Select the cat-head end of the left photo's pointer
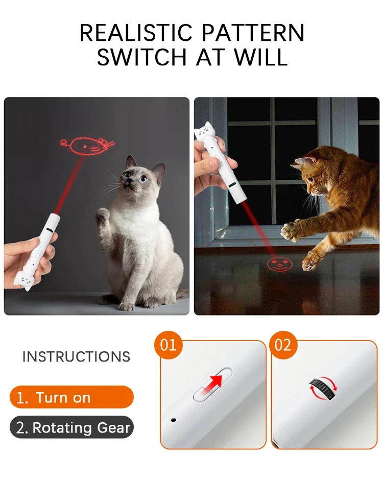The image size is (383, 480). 23,281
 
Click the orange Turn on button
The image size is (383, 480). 71,397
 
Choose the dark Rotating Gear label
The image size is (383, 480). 71,427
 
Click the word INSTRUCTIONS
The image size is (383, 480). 76,357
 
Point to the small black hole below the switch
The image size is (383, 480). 174,420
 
